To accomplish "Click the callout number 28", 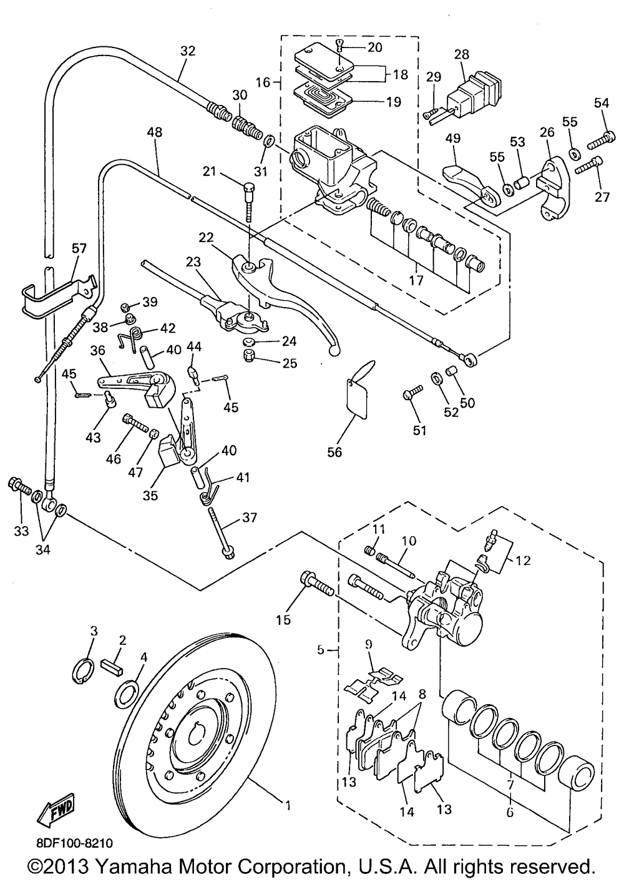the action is coord(462,54).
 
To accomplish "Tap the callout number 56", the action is coord(335,453).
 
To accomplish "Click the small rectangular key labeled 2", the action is coord(114,667).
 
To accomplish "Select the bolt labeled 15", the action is coord(316,584).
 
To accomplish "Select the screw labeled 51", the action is coord(412,392).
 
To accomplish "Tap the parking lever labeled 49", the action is coord(470,184).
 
